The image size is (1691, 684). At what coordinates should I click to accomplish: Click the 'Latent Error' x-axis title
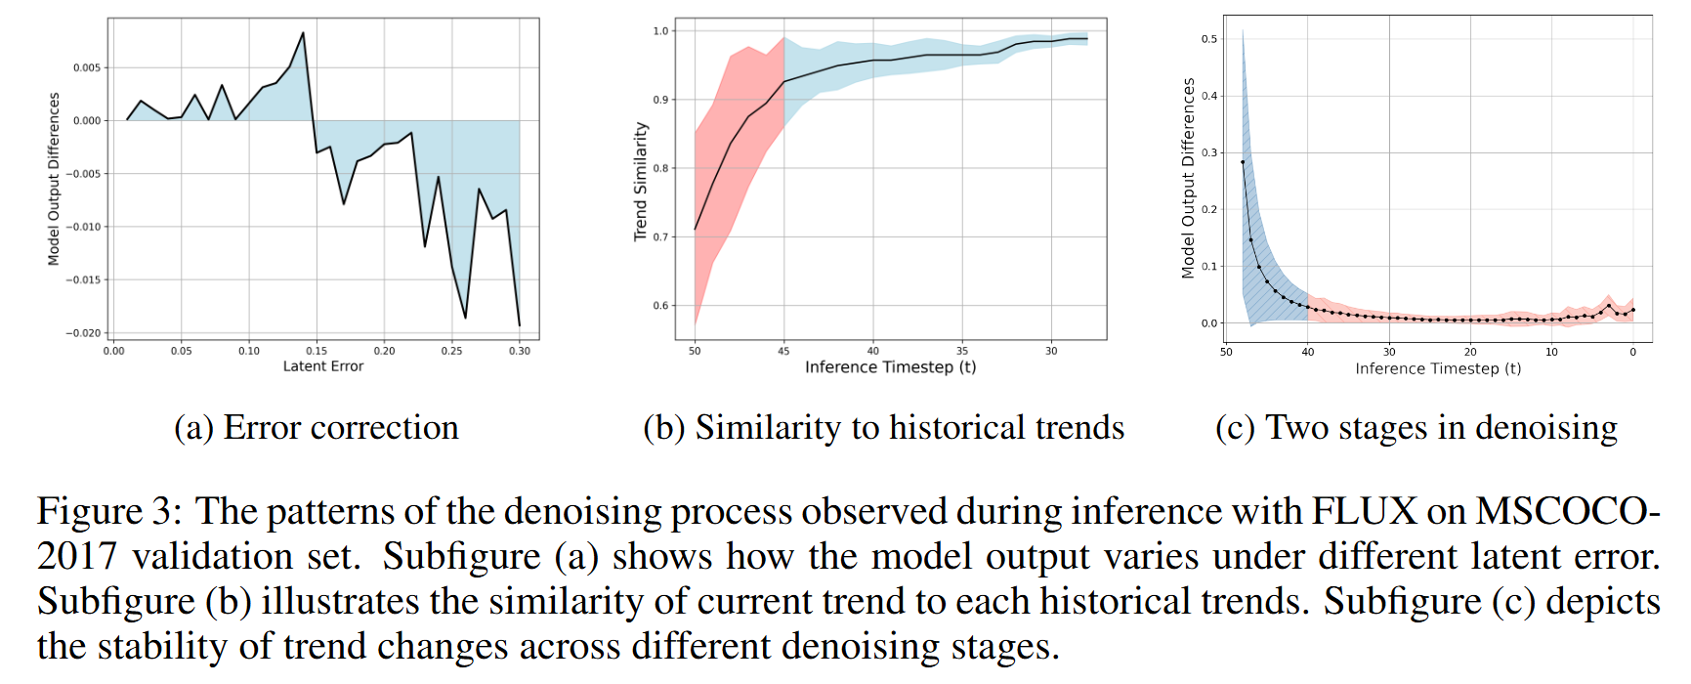coord(322,366)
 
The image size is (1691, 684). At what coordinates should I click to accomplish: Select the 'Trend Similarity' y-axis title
coord(641,182)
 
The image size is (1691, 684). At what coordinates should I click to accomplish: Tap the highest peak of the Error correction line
coord(303,33)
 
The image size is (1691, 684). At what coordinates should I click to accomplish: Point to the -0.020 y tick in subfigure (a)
coord(83,333)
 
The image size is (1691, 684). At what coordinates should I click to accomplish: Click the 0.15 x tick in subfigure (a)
coord(317,351)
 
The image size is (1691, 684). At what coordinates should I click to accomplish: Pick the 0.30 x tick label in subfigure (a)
coord(520,351)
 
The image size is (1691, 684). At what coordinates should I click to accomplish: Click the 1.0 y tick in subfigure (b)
coord(661,31)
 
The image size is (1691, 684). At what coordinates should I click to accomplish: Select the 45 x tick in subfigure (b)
coord(783,351)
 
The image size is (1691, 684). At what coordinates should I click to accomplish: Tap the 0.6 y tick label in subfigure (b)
coord(661,306)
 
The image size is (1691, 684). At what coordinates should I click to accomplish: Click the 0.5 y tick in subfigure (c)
coord(1209,39)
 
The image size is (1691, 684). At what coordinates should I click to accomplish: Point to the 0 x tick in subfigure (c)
coord(1632,352)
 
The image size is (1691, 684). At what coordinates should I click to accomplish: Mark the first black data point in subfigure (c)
coord(1243,162)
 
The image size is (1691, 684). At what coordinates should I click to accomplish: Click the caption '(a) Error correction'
coord(316,428)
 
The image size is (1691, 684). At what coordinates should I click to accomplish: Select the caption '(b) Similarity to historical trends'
coord(883,428)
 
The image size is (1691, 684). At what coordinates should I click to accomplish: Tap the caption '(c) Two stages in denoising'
coord(1416,428)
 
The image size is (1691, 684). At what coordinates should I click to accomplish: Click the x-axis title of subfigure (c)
coord(1437,368)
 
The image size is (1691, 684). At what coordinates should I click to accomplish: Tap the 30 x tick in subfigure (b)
coord(1051,351)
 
